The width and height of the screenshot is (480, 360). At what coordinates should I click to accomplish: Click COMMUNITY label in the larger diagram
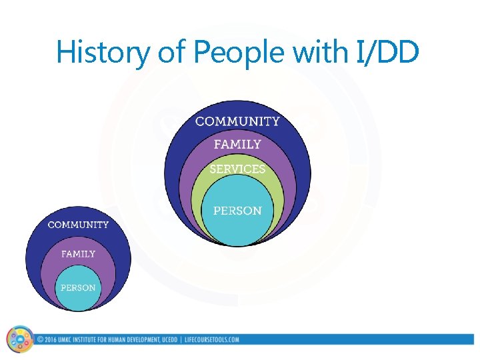(x=237, y=121)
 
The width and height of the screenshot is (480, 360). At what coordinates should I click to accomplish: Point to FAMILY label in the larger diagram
(x=237, y=144)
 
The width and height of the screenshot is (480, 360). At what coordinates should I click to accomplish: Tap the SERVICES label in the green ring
(x=237, y=169)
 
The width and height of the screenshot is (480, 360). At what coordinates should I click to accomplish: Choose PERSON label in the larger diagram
(x=237, y=211)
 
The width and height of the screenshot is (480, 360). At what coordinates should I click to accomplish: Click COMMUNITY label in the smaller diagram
(x=78, y=225)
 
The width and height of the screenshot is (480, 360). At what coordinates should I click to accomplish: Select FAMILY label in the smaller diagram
(x=78, y=254)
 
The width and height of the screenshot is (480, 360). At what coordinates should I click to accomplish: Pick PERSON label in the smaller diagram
(x=78, y=288)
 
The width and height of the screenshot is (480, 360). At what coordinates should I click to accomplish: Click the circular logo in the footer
(x=19, y=339)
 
